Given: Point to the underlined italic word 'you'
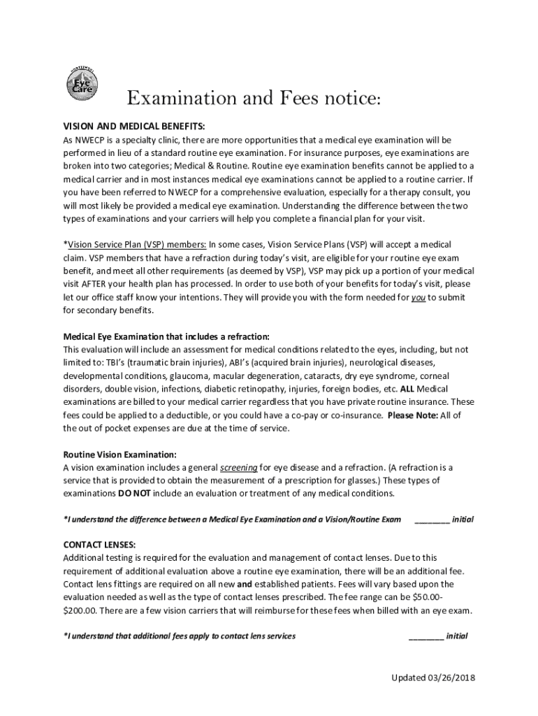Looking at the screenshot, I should [419, 297].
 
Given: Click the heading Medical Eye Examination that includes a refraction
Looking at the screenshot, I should [166, 336].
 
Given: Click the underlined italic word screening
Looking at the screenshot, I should [239, 467].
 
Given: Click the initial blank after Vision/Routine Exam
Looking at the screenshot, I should [432, 520].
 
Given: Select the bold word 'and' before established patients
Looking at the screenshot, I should [245, 584].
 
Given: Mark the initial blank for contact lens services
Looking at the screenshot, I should [426, 636].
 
